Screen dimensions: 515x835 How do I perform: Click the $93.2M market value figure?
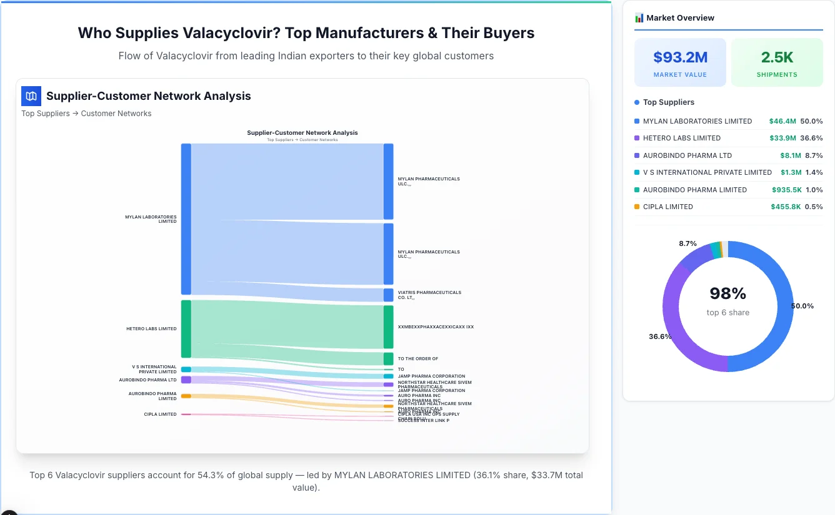point(680,57)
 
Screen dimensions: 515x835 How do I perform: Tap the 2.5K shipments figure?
point(777,57)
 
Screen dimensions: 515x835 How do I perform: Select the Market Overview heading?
point(680,18)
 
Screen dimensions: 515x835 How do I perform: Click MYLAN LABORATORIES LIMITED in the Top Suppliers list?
point(697,121)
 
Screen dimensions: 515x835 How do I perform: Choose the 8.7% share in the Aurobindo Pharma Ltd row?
point(814,155)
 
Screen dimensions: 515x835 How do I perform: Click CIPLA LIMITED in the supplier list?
point(667,207)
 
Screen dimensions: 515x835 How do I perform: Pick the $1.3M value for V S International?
point(791,172)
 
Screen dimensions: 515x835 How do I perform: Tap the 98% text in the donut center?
point(727,293)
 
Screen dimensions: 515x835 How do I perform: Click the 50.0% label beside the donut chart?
point(802,306)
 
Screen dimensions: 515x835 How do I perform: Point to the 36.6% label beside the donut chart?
point(660,336)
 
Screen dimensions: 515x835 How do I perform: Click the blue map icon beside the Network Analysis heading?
point(31,96)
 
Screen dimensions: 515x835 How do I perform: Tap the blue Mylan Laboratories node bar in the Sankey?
point(186,218)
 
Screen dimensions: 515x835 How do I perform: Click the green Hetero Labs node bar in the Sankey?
point(186,329)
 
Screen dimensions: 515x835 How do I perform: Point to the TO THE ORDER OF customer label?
point(417,359)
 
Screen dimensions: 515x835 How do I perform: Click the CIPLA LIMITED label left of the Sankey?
point(160,414)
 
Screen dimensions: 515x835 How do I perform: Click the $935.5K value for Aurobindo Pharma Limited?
point(786,190)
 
